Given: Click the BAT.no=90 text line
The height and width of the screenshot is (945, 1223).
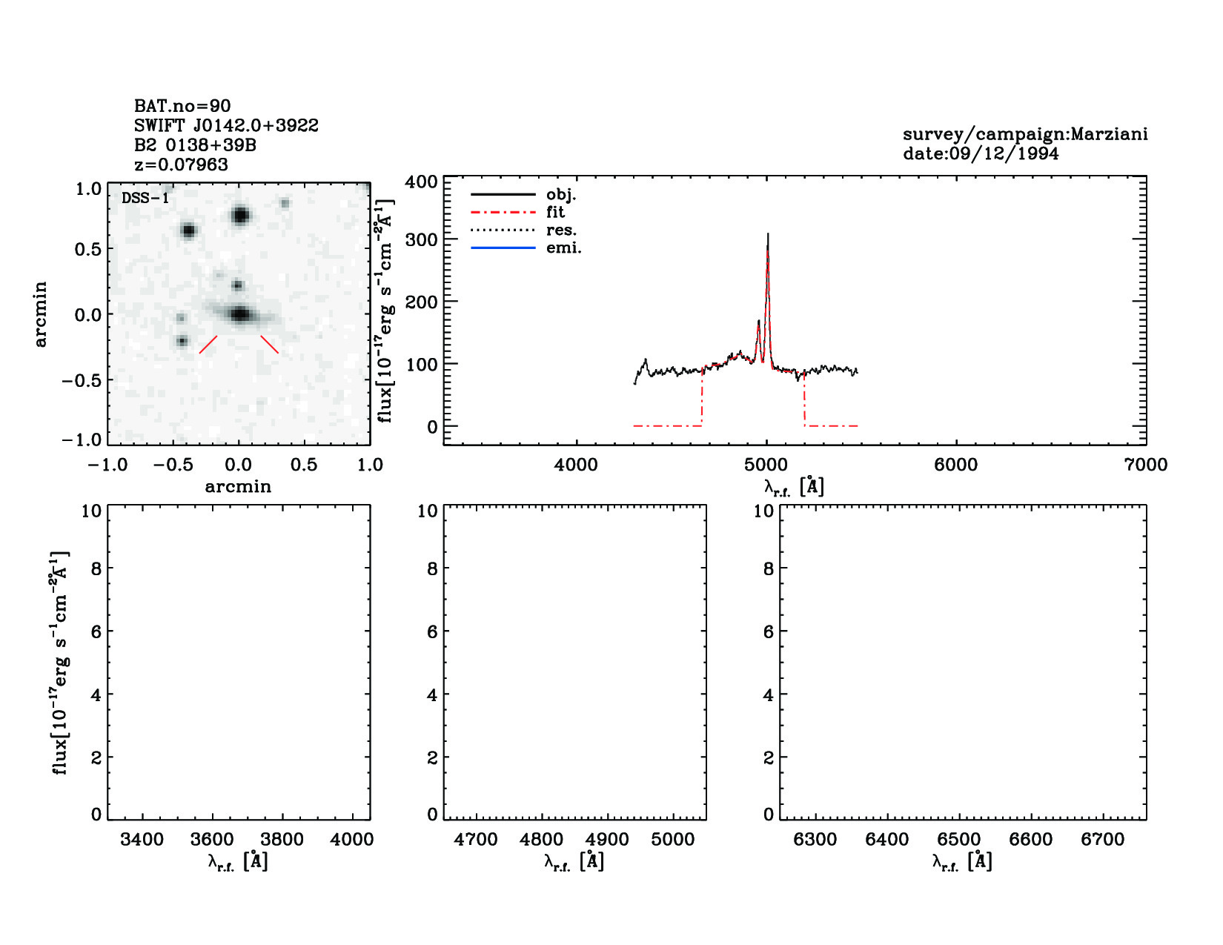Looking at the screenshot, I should click(182, 106).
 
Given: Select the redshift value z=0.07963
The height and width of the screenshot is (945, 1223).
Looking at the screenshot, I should click(181, 165).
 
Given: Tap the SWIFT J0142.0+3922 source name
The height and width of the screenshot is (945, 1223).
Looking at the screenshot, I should click(226, 125).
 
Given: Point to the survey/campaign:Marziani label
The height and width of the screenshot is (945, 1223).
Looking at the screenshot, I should click(1025, 134).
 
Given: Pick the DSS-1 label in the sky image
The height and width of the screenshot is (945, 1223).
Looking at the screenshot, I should click(145, 198).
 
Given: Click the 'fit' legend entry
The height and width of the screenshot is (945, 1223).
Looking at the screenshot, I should click(555, 212).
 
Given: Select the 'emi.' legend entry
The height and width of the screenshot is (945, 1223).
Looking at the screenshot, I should click(563, 248).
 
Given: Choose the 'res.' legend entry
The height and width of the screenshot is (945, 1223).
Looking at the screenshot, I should click(561, 230).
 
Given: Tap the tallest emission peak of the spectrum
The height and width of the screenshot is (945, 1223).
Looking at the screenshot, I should click(768, 236).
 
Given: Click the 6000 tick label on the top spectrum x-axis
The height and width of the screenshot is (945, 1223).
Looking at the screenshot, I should click(955, 465).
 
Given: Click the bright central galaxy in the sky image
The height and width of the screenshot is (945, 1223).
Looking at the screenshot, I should click(239, 314).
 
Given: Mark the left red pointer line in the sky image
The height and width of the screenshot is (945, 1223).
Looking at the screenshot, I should click(208, 345).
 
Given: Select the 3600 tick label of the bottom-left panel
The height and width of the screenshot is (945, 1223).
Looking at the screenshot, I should click(212, 840).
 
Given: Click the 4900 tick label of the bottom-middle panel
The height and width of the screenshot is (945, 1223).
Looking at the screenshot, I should click(607, 840).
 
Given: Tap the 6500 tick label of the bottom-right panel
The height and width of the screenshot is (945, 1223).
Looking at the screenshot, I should click(959, 840).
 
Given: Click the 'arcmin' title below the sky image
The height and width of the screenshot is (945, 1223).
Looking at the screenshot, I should click(238, 486).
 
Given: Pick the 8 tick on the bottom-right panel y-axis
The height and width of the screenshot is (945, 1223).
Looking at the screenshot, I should click(768, 568).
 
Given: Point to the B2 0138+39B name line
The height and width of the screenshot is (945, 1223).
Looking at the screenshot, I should click(195, 145).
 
